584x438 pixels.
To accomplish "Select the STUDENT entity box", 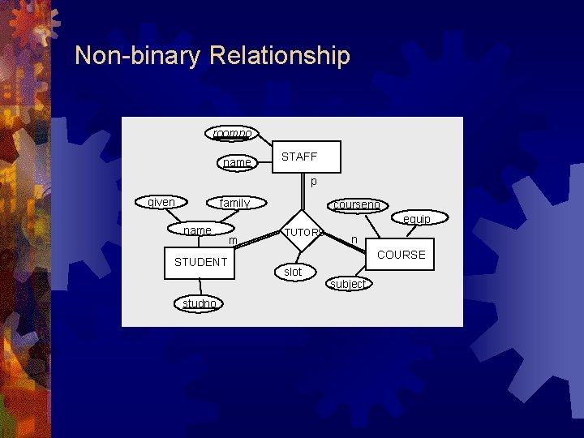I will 200,262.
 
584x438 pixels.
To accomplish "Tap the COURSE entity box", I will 401,255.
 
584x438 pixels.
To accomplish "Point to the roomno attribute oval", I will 231,132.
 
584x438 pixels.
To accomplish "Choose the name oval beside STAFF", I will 237,162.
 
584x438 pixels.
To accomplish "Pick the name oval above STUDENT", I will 199,230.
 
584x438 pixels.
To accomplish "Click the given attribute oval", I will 161,202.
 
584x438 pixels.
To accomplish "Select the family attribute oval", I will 235,203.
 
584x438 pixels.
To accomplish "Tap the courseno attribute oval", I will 356,205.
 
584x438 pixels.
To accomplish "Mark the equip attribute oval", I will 416,218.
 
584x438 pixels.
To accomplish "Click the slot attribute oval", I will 293,272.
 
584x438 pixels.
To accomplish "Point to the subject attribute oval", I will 348,284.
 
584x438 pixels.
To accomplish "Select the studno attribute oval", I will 199,303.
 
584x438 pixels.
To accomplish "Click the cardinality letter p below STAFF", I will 314,182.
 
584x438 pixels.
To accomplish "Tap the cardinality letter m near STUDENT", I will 233,241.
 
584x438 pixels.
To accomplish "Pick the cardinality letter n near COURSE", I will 354,239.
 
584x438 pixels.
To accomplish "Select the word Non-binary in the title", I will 138,56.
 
